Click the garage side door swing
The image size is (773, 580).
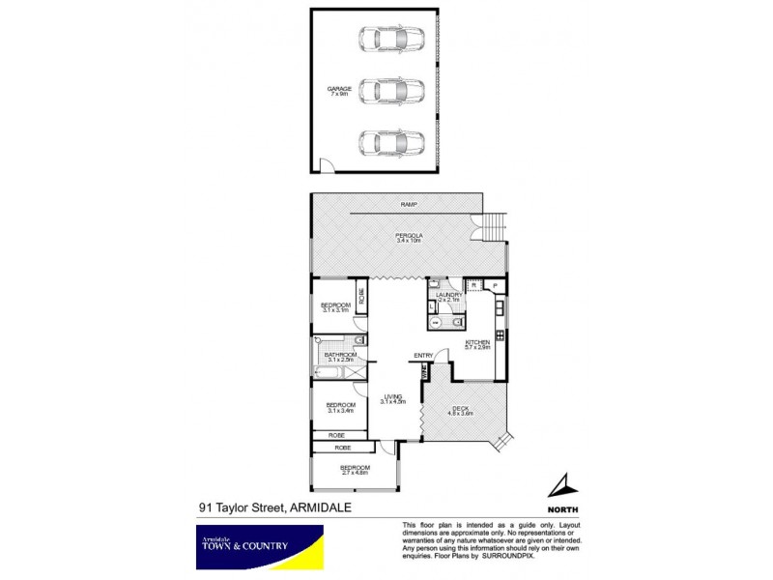click(x=329, y=168)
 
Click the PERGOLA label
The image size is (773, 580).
click(x=409, y=236)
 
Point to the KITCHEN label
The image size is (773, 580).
click(x=477, y=342)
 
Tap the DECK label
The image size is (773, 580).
click(x=459, y=408)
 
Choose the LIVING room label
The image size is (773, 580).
click(x=391, y=396)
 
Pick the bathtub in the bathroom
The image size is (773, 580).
click(x=329, y=373)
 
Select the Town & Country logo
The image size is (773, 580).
click(x=257, y=546)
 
